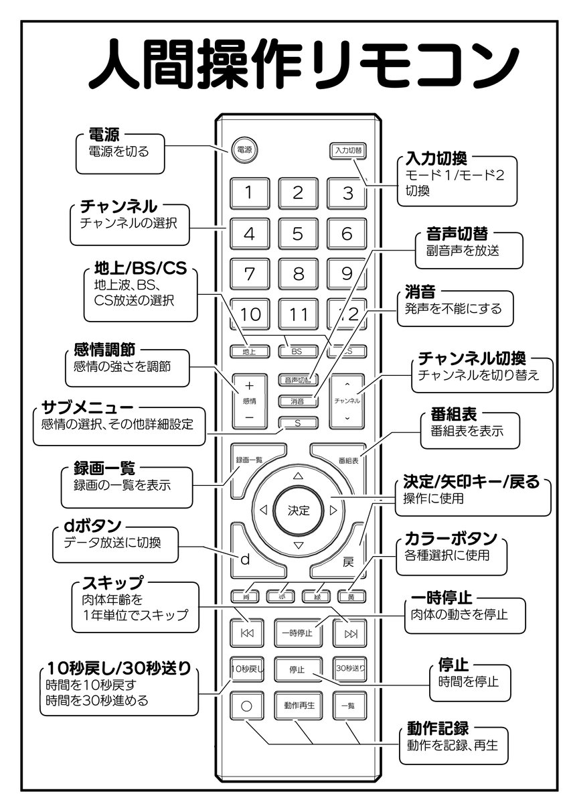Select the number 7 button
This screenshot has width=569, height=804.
[248, 274]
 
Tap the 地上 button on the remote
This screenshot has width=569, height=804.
[248, 350]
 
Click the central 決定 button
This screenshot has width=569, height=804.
[299, 511]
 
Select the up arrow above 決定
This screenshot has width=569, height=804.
[299, 475]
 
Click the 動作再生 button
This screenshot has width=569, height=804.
[299, 705]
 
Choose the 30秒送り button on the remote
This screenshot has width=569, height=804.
[349, 668]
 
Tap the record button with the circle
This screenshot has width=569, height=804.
[246, 706]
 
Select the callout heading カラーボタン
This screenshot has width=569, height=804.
[451, 539]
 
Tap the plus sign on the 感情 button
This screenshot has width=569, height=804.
[249, 386]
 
